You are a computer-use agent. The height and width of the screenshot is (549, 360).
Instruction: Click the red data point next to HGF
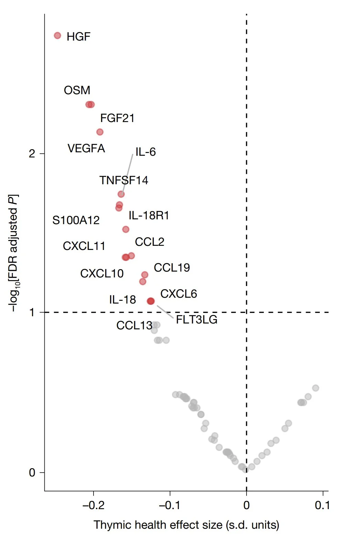57,35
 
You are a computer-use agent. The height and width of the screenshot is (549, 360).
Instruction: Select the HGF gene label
78,36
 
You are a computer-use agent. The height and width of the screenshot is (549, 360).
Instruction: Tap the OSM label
77,90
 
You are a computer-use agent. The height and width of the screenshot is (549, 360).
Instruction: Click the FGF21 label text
117,118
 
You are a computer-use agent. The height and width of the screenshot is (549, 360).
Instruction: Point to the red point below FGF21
100,132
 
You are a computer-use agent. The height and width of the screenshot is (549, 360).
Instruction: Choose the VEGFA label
86,148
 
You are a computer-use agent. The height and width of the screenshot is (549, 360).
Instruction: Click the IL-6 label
145,152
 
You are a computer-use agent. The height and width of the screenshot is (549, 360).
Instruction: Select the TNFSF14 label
124,180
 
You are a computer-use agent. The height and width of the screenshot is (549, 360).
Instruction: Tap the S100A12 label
76,220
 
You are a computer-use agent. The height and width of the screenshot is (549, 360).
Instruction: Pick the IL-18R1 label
149,216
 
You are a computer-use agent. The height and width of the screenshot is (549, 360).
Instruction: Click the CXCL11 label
84,246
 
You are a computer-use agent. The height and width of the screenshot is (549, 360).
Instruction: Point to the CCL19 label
172,267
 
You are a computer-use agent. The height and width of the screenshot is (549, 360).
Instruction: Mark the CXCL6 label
178,294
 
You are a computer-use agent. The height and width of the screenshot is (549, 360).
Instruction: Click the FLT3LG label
197,319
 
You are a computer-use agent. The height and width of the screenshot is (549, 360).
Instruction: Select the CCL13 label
134,325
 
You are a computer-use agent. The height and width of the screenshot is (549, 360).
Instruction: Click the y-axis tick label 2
32,153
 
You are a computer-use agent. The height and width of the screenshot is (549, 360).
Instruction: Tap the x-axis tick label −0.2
93,505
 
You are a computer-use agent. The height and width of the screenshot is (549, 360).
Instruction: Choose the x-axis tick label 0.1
322,505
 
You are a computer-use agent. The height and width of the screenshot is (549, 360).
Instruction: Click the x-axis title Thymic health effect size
186,525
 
